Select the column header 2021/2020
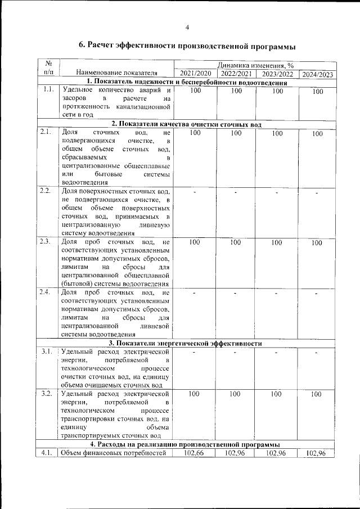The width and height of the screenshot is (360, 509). (x=195, y=74)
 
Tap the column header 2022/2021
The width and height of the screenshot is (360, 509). (x=236, y=74)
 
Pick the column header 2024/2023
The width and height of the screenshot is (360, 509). (x=317, y=74)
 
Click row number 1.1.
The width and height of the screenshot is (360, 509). (x=48, y=90)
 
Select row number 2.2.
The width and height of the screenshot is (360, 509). (x=47, y=191)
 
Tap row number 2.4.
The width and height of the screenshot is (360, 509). (x=47, y=292)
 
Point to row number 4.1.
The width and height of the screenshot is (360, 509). (x=47, y=453)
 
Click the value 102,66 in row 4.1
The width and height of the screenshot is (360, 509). (x=195, y=453)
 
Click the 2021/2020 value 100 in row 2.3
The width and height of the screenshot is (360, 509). (x=195, y=242)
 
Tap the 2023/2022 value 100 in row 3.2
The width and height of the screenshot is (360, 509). (x=276, y=394)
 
